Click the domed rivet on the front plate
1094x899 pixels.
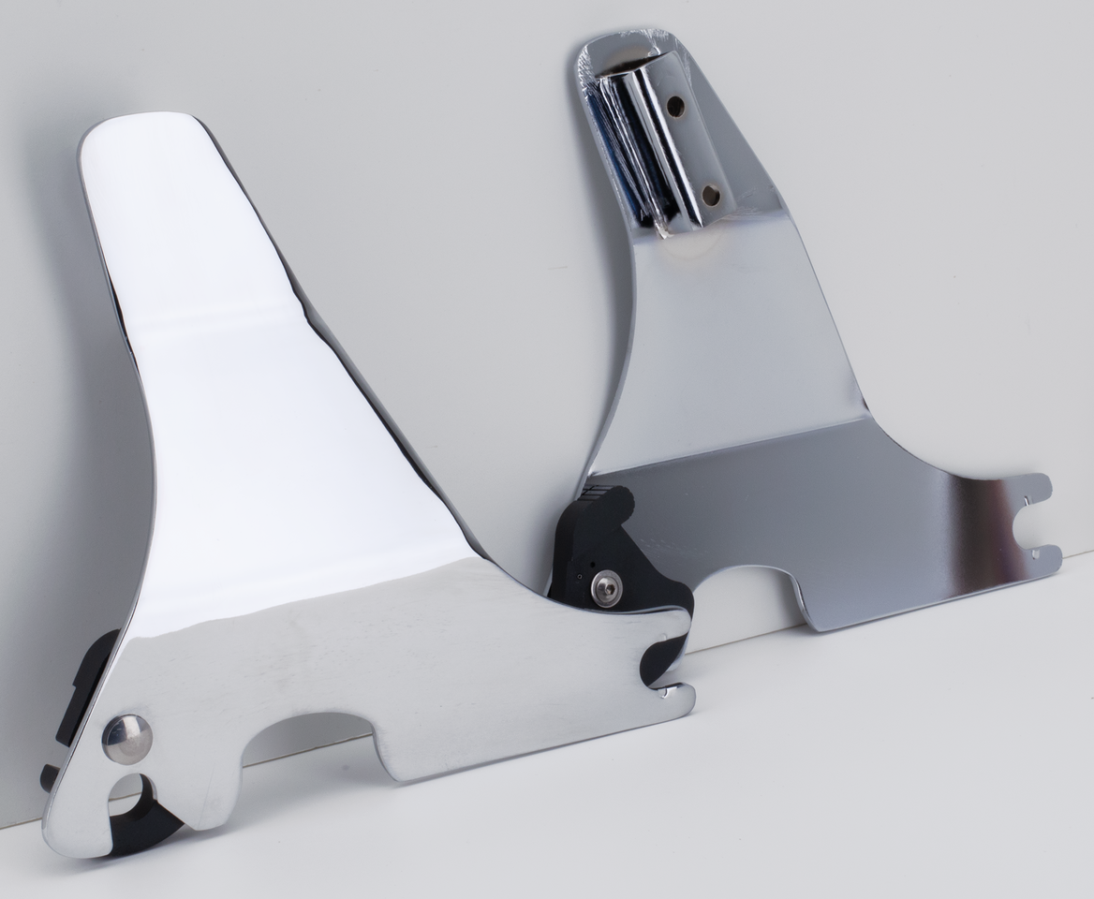tap(126, 739)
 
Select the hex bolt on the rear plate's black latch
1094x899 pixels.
tap(605, 590)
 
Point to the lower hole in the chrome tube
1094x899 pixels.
tap(710, 195)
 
